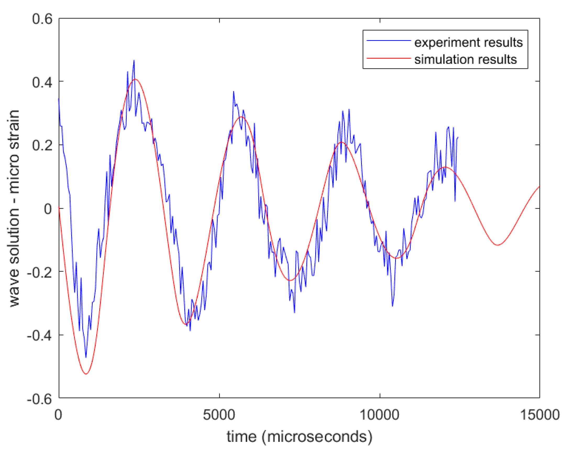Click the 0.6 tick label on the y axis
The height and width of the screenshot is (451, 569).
(x=42, y=19)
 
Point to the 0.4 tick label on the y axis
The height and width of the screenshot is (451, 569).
(x=42, y=82)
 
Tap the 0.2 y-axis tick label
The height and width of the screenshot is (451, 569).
(x=42, y=145)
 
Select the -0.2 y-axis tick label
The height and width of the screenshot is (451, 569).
(x=40, y=272)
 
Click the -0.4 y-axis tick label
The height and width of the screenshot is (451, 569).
(x=40, y=335)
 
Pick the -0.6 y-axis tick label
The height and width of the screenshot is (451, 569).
(x=40, y=399)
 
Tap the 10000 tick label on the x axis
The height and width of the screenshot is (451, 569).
(x=379, y=415)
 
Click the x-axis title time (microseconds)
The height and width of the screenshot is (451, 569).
(x=299, y=437)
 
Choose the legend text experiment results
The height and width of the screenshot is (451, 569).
(x=468, y=42)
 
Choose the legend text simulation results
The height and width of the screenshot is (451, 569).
(x=465, y=59)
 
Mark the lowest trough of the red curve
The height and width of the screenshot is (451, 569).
(x=86, y=374)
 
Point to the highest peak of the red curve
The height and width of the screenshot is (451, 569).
(x=135, y=79)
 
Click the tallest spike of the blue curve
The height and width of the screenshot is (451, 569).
(x=134, y=60)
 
